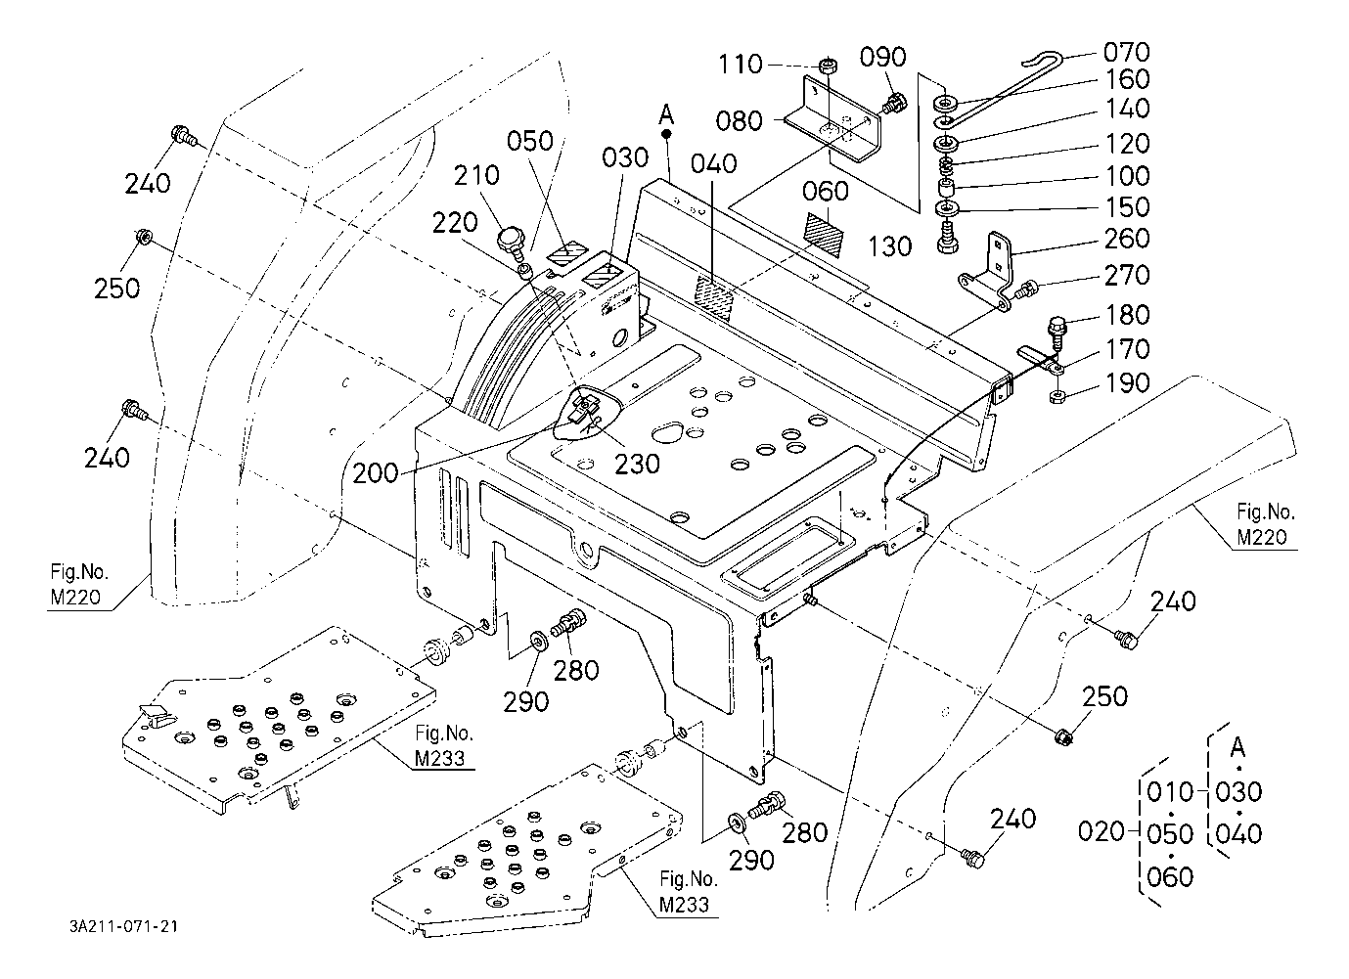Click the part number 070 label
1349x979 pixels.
tap(1126, 52)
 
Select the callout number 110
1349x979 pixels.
tap(740, 65)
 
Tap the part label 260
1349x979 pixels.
tap(1126, 239)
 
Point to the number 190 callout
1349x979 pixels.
tap(1126, 382)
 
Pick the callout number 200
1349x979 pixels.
tap(377, 472)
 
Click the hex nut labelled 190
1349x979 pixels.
tap(1057, 396)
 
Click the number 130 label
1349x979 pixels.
tap(889, 245)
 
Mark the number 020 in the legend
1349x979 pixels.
tap(1101, 832)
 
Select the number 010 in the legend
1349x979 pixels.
tap(1170, 791)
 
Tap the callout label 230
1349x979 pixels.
tap(637, 463)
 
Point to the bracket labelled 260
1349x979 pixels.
tap(990, 269)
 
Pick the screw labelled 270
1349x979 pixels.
tap(1025, 289)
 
